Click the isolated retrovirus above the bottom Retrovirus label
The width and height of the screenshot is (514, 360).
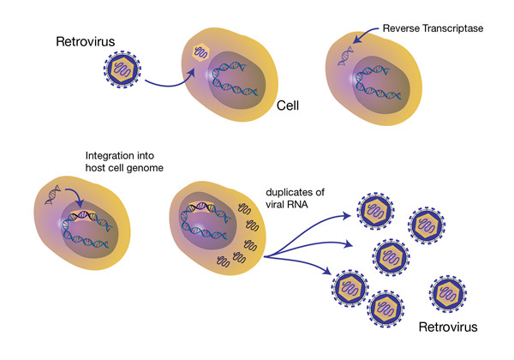point(452,292)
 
